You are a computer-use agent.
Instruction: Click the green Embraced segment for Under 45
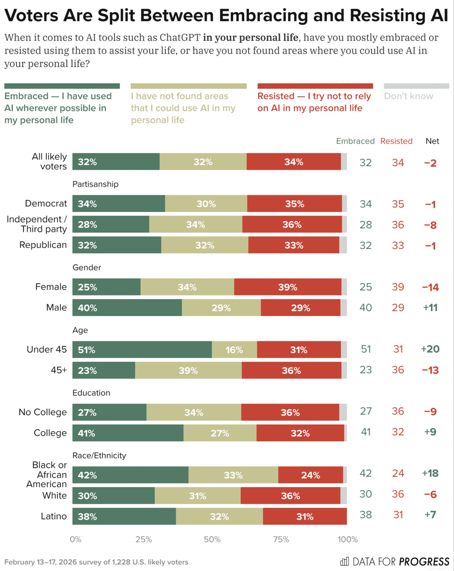142,350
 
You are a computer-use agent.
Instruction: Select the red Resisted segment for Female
288,287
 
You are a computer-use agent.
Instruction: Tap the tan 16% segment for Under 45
234,350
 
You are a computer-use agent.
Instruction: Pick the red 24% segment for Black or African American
311,475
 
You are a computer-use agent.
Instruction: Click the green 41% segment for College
128,433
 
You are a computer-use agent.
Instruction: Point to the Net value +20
429,349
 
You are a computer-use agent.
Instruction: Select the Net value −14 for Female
429,287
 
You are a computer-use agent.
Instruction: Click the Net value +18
429,473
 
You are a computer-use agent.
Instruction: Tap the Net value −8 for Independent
429,224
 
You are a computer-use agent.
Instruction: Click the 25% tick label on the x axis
143,540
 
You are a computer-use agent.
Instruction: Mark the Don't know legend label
409,96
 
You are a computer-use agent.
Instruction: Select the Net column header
432,141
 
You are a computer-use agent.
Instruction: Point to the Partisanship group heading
95,184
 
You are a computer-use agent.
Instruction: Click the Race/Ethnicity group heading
99,455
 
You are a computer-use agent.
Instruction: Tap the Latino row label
53,516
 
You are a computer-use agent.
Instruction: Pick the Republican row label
43,245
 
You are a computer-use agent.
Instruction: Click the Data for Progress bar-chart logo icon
345,561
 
